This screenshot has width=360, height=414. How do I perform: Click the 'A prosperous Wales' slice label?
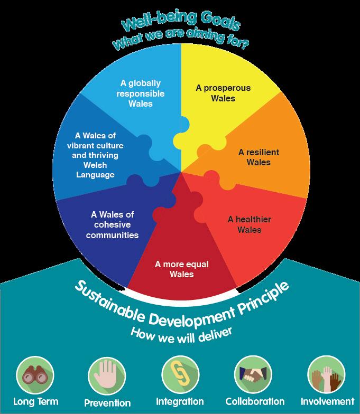[215, 93]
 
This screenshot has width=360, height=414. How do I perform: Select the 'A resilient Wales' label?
[259, 157]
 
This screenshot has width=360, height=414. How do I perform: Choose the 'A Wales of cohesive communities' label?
[113, 224]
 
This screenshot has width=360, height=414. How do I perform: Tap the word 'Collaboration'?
[254, 402]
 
